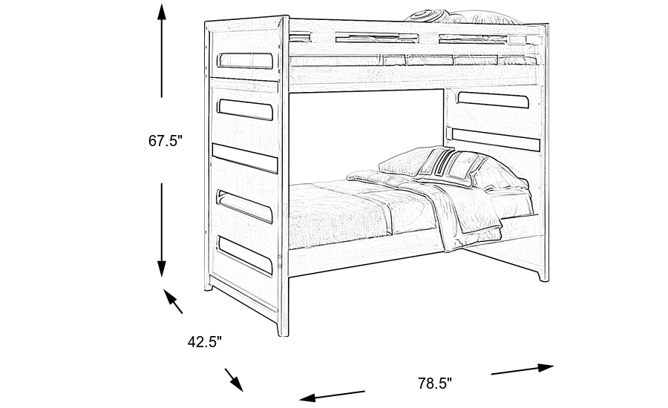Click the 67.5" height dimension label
[x=165, y=141]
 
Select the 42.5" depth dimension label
[x=204, y=342]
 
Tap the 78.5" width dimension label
[x=434, y=384]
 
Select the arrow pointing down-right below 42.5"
[x=234, y=380]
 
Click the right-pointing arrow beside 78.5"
[x=523, y=369]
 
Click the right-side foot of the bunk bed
[x=543, y=275]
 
